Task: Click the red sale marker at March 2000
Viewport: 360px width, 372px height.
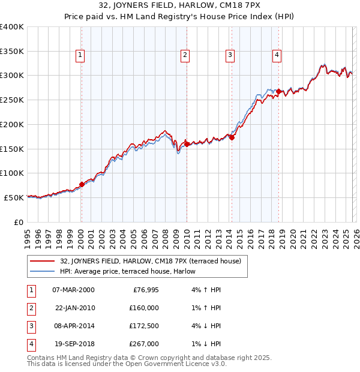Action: pos(82,184)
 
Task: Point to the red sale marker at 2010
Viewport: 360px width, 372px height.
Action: pos(187,144)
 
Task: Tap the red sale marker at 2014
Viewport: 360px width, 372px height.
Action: pos(232,137)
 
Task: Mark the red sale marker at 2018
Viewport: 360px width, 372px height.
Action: pos(279,92)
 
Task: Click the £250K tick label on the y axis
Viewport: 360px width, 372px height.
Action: pos(12,100)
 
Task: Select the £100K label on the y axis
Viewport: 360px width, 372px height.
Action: pos(12,173)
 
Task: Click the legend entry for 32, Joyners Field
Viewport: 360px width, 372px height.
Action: pos(151,261)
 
